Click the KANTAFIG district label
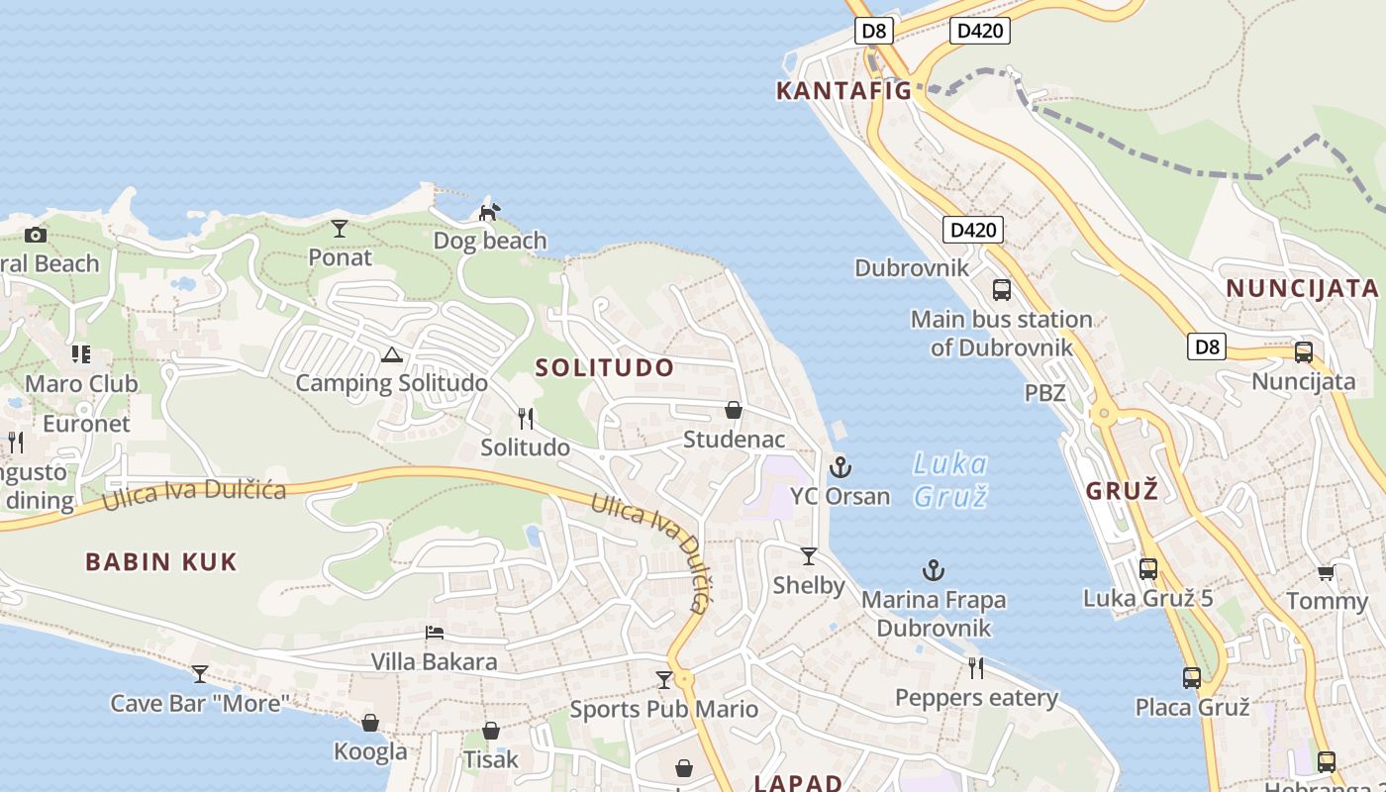(842, 91)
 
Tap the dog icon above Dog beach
(489, 211)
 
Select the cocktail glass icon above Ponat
(340, 229)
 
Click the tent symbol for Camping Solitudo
(391, 354)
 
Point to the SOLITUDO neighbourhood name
(604, 367)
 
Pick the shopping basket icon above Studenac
(734, 410)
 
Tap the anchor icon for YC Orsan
(840, 466)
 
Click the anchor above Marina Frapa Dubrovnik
(933, 570)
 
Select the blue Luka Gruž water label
(949, 479)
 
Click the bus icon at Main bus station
(1002, 290)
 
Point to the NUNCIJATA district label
(1302, 288)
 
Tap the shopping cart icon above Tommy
(1327, 572)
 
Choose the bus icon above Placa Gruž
(1192, 678)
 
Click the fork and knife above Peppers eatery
(976, 668)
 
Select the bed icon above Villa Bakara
(434, 633)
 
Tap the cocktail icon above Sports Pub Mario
(664, 680)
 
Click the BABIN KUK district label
(161, 562)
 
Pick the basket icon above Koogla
(370, 723)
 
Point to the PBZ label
(1044, 393)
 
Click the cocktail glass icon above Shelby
(809, 556)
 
